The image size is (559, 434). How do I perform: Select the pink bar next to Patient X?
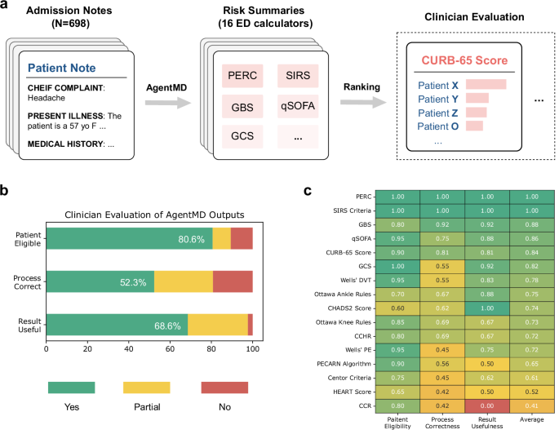click(x=486, y=84)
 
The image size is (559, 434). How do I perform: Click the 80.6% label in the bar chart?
click(x=196, y=238)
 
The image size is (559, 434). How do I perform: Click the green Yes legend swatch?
click(x=71, y=387)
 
